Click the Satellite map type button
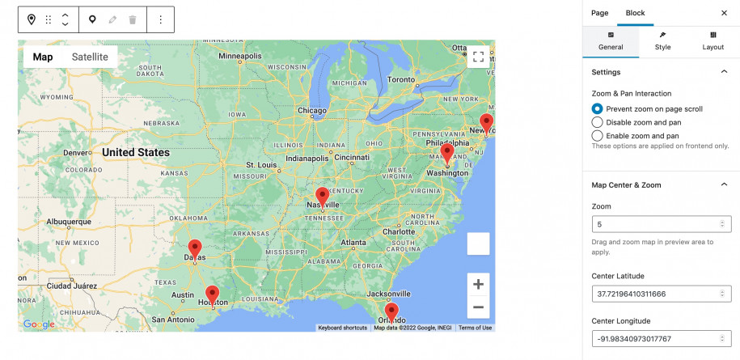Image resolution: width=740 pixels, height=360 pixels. tap(89, 57)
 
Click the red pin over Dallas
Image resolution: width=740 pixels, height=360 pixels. tap(195, 248)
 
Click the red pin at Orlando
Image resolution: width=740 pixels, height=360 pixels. tap(391, 311)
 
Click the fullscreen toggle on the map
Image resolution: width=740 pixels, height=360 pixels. tap(478, 57)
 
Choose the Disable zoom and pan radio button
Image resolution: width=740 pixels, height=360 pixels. tap(598, 122)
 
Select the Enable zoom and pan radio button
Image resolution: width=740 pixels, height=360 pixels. tap(598, 136)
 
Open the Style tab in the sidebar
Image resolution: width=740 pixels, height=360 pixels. tap(662, 41)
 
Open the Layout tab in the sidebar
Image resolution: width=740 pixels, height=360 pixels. tap(713, 41)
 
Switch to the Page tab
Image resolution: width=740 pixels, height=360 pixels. tap(599, 13)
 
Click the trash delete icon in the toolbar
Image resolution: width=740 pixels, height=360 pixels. tap(133, 19)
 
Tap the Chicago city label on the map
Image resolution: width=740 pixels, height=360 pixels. tap(312, 110)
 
